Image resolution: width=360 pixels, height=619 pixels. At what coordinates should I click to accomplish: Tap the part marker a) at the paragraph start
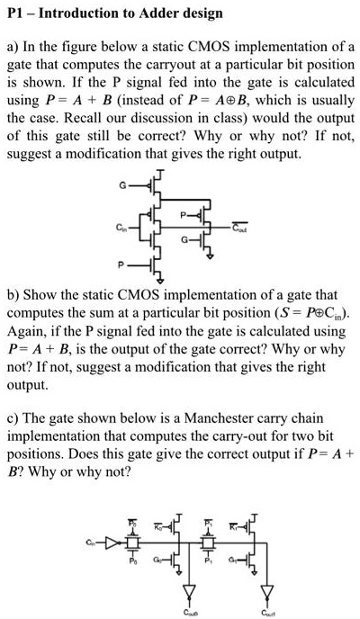(13, 45)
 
